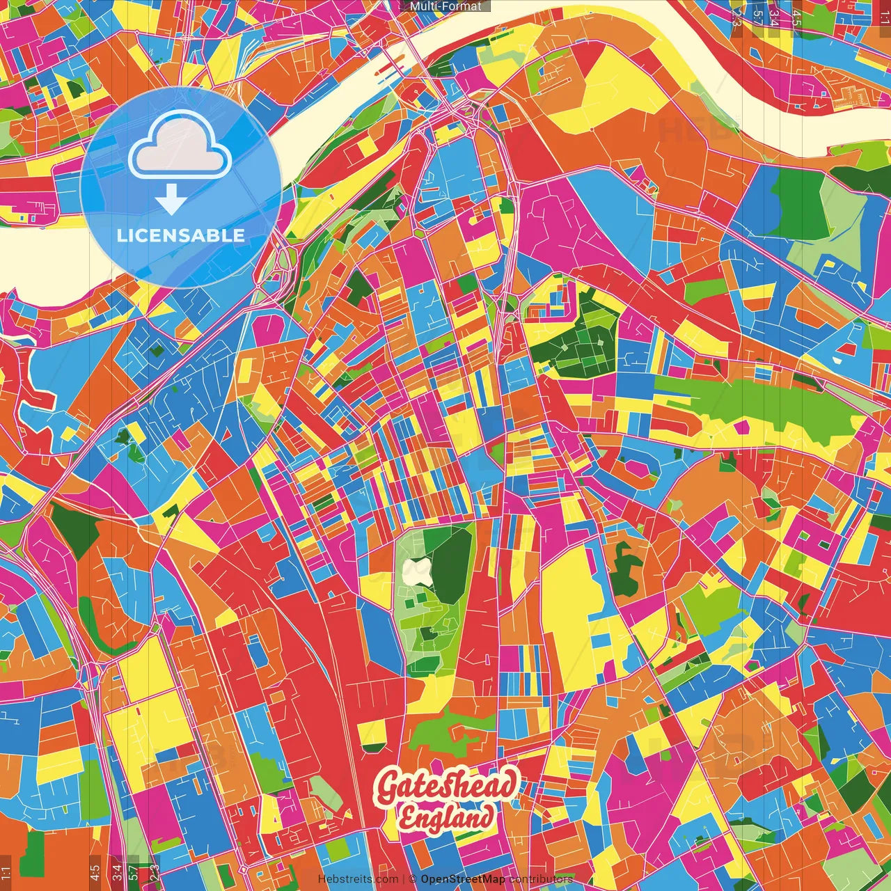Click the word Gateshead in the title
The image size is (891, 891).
(446, 785)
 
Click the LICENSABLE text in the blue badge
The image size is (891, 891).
(181, 235)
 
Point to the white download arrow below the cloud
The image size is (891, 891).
(171, 200)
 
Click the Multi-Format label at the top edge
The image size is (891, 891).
(445, 6)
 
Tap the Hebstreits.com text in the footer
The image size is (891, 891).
(358, 879)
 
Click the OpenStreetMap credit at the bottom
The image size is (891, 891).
(463, 879)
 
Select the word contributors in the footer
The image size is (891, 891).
(541, 879)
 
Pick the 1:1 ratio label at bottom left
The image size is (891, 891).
(6, 872)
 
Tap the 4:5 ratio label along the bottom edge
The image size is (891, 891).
(95, 872)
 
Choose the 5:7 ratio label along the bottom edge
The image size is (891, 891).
(134, 872)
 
